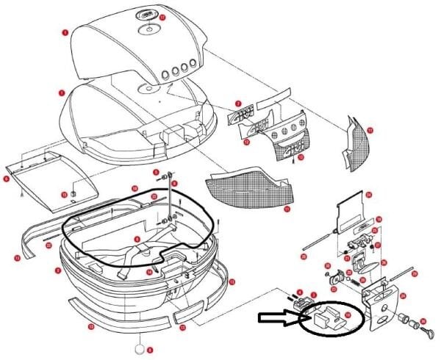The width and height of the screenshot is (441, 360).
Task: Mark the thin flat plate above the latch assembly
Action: click(x=351, y=209)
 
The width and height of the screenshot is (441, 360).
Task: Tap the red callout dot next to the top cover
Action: click(x=65, y=32)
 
